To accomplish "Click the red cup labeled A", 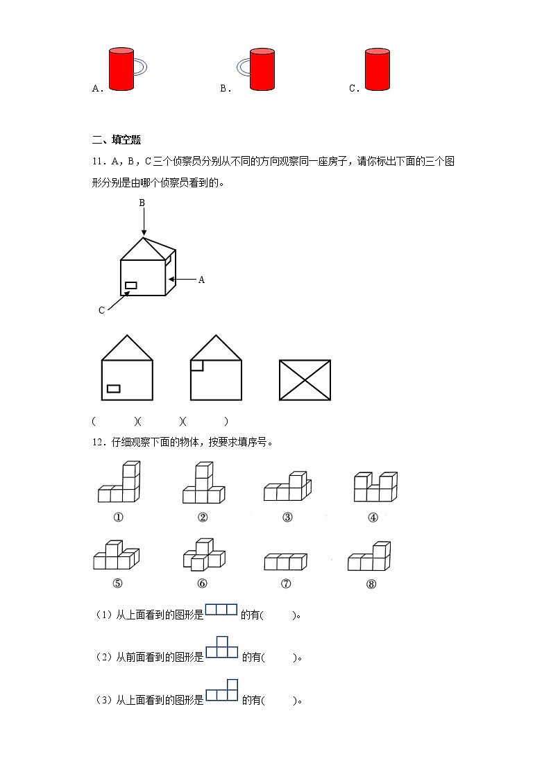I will (121, 69).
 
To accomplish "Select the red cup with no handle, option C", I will (378, 69).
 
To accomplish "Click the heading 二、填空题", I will (116, 140).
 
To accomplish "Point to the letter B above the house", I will (142, 203).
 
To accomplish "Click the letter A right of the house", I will (202, 280).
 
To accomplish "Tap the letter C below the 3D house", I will (101, 310).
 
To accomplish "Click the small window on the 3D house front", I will (130, 285).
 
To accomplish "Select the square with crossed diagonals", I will (305, 379).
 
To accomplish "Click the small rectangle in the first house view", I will (113, 388).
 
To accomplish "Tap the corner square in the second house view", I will (196, 365).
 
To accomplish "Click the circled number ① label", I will (118, 517).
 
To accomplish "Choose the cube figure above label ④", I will (375, 486).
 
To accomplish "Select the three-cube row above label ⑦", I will (285, 561).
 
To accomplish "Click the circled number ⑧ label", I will (371, 583).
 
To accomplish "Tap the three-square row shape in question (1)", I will (221, 610).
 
